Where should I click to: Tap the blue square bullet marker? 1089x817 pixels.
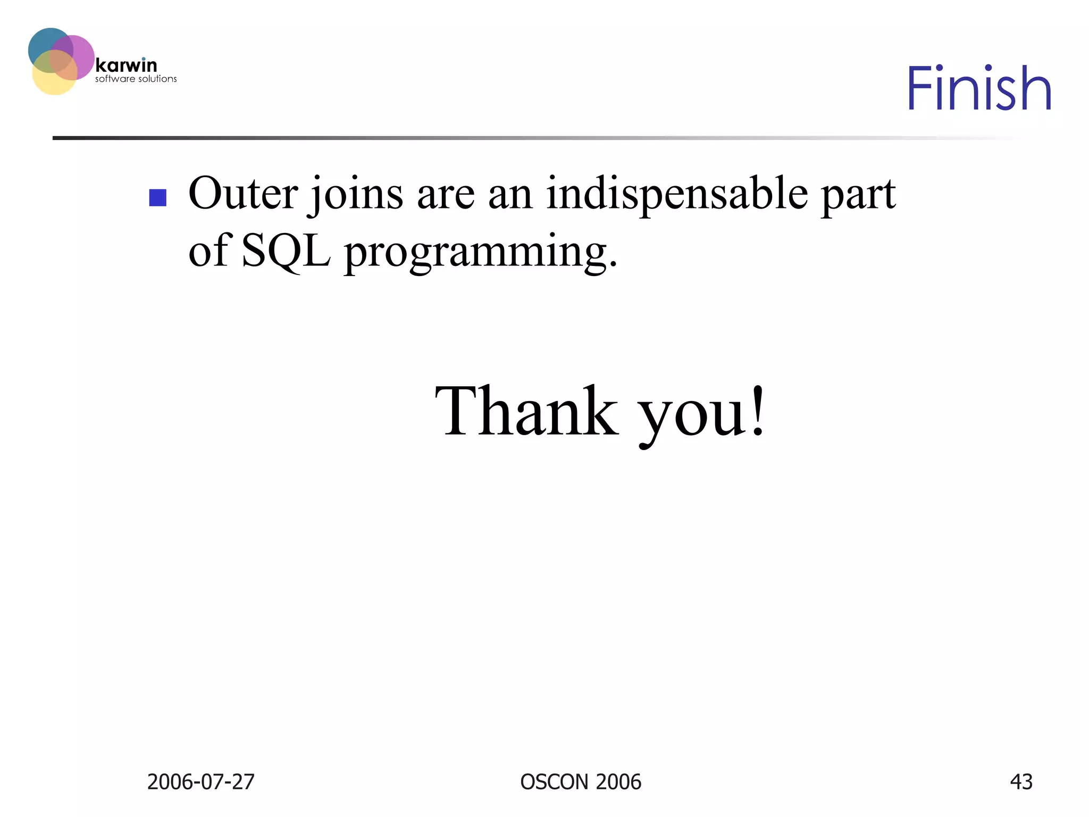157,198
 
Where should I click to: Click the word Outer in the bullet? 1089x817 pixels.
242,193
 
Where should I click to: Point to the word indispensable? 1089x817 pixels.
677,195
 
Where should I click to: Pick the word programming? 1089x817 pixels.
480,253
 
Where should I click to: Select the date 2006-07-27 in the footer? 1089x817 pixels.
200,782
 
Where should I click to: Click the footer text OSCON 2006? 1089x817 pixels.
581,782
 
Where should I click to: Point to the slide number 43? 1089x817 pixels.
1021,782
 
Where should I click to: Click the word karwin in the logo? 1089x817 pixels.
126,65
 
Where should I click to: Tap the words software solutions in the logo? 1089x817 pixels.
136,79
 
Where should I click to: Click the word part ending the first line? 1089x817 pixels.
858,196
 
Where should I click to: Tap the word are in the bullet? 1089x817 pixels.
446,195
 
